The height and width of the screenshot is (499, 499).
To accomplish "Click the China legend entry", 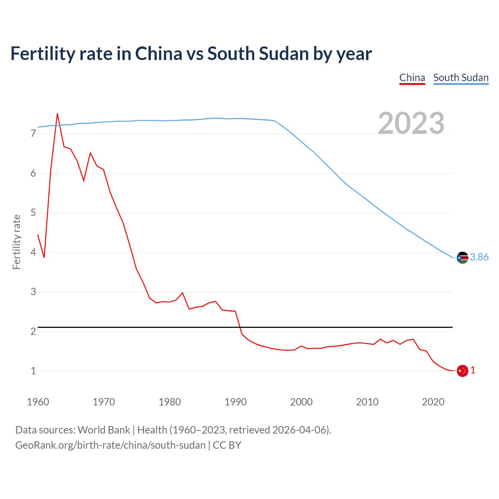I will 412,78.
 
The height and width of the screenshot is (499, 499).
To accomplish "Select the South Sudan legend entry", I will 461,78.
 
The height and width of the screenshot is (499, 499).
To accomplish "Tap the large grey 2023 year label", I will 411,123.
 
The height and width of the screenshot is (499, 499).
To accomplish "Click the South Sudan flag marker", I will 462,257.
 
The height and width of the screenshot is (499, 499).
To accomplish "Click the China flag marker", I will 462,371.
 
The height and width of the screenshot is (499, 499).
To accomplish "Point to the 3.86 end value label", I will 479,257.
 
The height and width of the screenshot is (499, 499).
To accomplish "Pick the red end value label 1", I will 473,370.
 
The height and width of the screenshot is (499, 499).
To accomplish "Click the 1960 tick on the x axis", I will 38,402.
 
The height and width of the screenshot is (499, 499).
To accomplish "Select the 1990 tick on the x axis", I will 235,402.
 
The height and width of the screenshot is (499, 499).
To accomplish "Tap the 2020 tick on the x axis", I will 433,402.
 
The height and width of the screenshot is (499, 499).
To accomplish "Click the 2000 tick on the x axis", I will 301,402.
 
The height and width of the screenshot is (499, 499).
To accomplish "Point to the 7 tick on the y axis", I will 33,134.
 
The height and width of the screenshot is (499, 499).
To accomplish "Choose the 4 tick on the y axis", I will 33,252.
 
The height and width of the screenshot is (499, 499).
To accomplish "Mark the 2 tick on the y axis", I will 33,331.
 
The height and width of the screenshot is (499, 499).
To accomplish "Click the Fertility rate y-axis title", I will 16,242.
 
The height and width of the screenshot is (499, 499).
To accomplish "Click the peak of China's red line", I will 57,114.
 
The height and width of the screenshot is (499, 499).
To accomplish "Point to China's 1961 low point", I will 44,257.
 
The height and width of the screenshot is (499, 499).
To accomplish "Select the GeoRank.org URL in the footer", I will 110,445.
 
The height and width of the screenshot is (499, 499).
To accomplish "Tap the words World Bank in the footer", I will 104,430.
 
